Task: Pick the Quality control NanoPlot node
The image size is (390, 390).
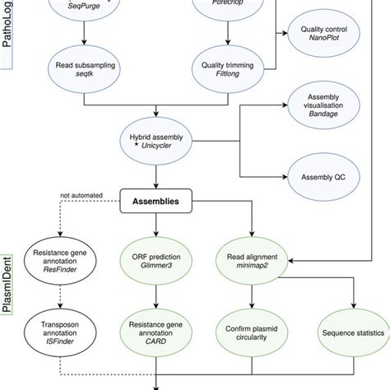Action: pos(325,35)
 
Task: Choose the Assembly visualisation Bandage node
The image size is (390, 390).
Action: pos(325,109)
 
